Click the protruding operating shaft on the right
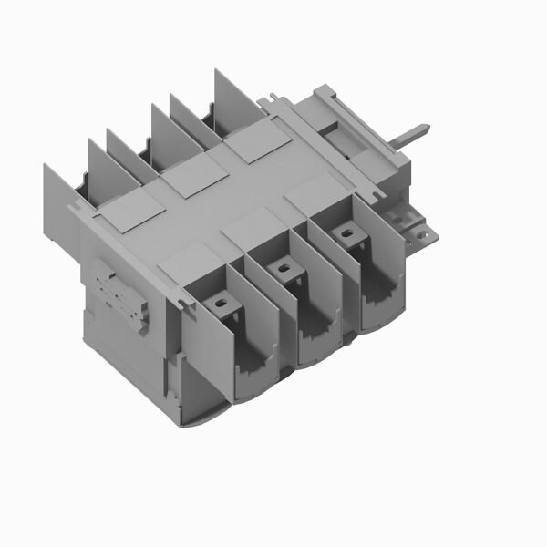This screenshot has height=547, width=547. pyautogui.click(x=416, y=136)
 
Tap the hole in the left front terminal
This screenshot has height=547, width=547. pyautogui.click(x=219, y=298)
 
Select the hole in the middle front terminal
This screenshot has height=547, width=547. pyautogui.click(x=284, y=269)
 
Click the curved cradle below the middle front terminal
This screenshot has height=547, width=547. pyautogui.click(x=318, y=339)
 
